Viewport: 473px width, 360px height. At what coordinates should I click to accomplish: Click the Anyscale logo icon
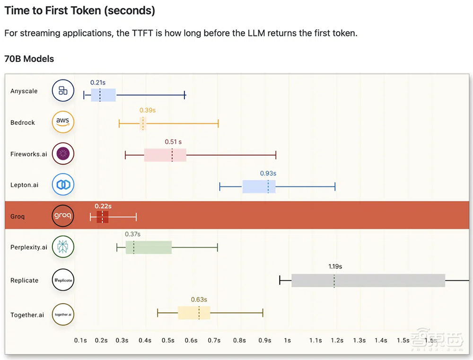[x=63, y=91]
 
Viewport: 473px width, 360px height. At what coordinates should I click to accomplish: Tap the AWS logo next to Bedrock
[x=63, y=122]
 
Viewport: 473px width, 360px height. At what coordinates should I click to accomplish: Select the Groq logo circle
[x=63, y=216]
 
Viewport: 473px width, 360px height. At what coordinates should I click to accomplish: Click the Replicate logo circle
[x=63, y=280]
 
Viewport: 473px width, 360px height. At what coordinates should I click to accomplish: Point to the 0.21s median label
[x=98, y=82]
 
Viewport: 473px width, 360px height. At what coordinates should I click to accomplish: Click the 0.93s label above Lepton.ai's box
[x=268, y=174]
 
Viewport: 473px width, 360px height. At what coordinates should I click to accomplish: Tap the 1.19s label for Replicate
[x=335, y=266]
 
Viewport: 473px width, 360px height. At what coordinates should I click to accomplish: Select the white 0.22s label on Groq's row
[x=103, y=206]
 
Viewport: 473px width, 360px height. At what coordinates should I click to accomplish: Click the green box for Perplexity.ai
[x=149, y=247]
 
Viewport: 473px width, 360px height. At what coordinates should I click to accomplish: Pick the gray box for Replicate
[x=368, y=280]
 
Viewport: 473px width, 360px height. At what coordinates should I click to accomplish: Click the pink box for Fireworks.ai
[x=165, y=155]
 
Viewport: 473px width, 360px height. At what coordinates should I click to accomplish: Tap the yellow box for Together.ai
[x=194, y=313]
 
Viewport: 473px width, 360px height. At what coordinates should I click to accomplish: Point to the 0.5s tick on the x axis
[x=168, y=340]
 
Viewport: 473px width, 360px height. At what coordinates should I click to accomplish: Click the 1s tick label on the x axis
[x=287, y=340]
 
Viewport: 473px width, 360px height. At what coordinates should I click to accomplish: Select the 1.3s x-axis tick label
[x=359, y=340]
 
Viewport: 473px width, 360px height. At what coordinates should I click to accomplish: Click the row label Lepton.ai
[x=24, y=185]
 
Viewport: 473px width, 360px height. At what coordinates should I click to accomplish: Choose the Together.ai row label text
[x=27, y=315]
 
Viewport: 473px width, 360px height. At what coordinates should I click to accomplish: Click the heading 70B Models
[x=29, y=59]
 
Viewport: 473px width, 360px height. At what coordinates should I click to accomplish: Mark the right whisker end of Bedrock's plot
[x=218, y=124]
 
